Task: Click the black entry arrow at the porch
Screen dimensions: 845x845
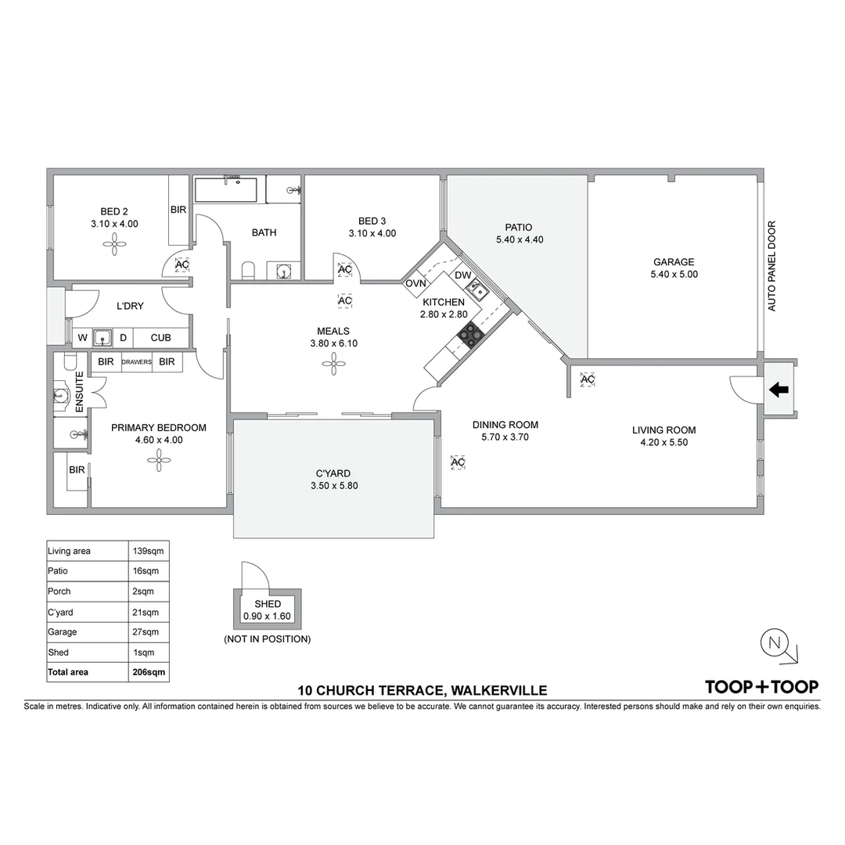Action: pos(778,389)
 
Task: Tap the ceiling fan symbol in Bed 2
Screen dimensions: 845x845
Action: pos(114,246)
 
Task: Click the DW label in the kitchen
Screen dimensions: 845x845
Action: pos(463,275)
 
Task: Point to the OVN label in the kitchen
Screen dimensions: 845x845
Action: pos(415,283)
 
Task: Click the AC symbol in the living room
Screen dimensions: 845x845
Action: pos(588,379)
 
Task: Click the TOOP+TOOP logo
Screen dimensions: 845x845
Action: pos(762,687)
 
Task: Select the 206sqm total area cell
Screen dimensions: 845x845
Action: pos(149,672)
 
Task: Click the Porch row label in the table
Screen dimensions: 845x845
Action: pos(59,591)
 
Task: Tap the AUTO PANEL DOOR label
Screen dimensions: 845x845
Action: pos(771,266)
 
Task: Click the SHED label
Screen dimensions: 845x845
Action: pos(268,604)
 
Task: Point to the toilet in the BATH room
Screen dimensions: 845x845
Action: pos(248,271)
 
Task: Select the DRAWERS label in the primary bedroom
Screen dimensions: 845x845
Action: pos(136,362)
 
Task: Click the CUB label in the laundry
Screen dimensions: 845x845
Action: pos(160,338)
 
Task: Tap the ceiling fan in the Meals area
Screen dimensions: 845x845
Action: pos(333,364)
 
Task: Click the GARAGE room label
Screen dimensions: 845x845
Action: pos(674,262)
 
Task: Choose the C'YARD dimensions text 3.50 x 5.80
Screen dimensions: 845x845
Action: pos(334,486)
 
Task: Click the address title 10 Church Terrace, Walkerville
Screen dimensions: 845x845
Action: pos(422,690)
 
